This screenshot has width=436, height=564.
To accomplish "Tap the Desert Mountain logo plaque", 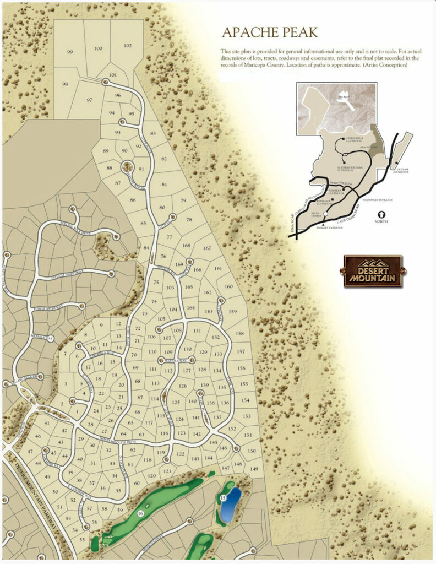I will (x=373, y=271).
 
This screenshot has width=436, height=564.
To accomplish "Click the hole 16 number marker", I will (x=141, y=513).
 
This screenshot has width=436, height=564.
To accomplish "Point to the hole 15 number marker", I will (x=223, y=498).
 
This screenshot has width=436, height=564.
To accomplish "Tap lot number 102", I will (x=128, y=46).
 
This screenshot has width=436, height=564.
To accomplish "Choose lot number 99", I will (x=70, y=52).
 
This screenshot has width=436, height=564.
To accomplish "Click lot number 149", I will (x=254, y=469).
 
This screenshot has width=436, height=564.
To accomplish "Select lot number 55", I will (x=82, y=540).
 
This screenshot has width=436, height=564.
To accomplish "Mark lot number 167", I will (x=207, y=248).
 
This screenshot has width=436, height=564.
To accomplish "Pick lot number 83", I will (x=153, y=134).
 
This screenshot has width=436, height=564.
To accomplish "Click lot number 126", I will (x=183, y=386).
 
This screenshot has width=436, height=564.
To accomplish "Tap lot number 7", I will (x=65, y=354).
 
